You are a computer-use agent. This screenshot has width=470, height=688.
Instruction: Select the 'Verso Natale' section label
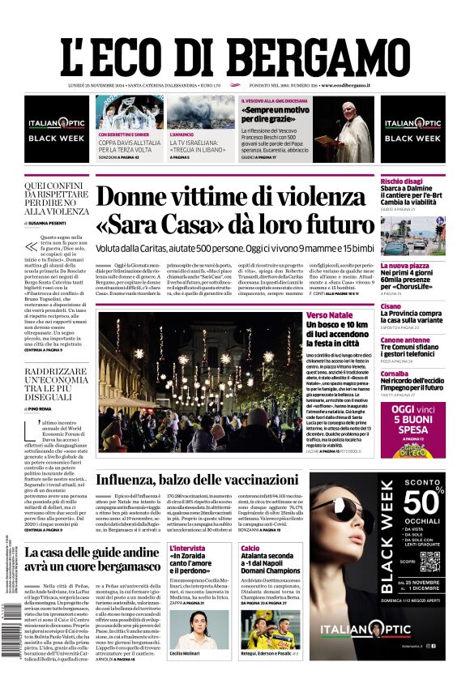pyautogui.click(x=329, y=314)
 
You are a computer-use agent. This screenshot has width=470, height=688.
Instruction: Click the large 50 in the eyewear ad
pyautogui.click(x=430, y=502)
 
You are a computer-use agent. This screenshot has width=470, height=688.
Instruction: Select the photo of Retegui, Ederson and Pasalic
pyautogui.click(x=268, y=628)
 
